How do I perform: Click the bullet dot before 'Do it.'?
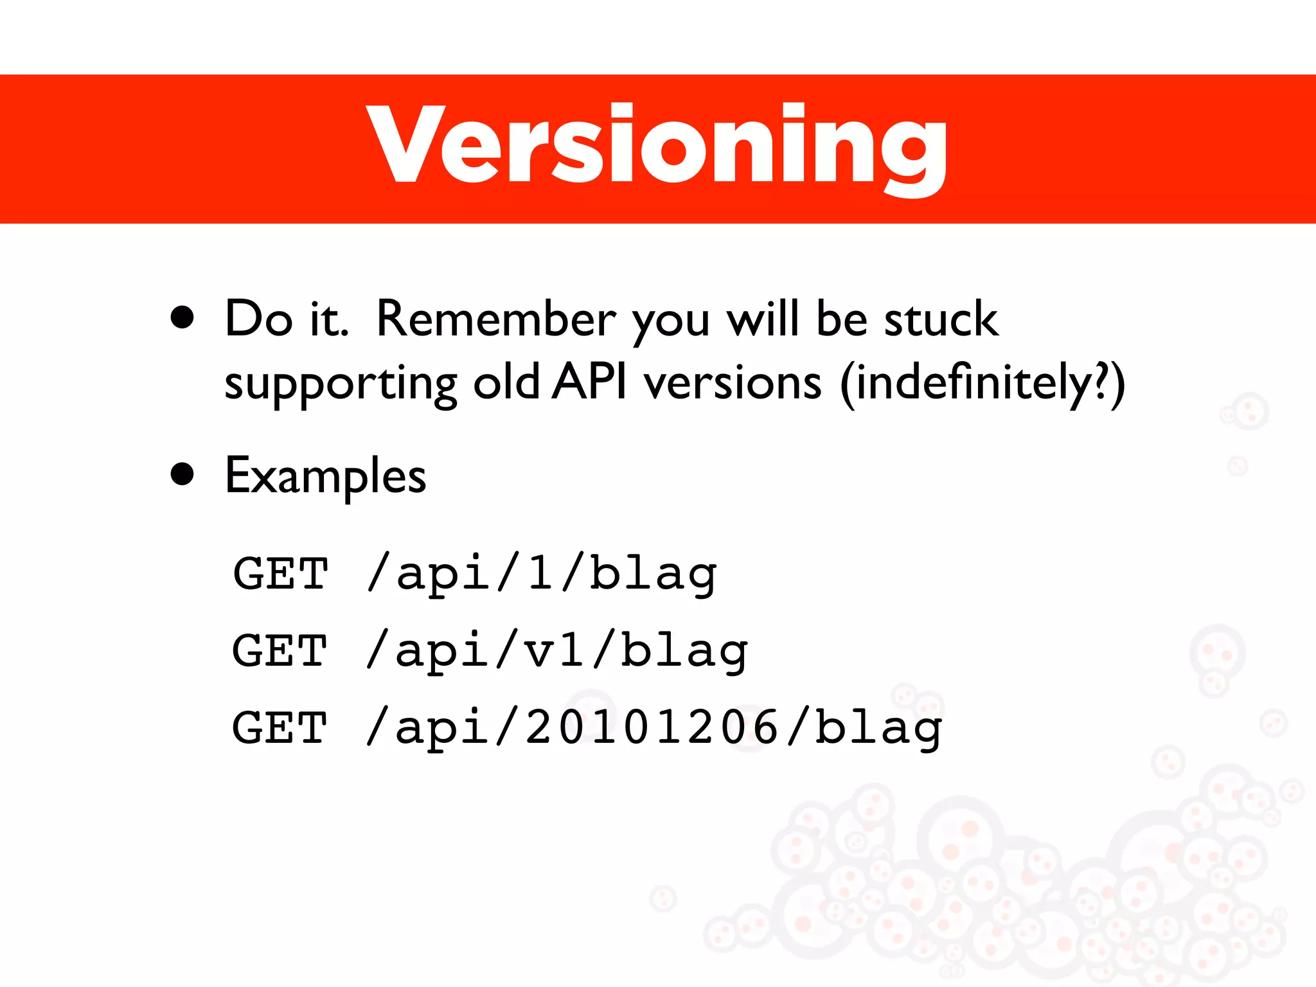[182, 317]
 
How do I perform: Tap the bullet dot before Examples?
[182, 474]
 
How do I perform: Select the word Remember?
[495, 319]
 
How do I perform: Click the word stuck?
[941, 319]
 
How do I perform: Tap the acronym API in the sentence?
[589, 382]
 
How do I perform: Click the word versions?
[733, 383]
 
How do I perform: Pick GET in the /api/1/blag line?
[281, 573]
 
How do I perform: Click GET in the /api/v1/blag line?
[280, 650]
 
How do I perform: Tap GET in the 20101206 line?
[280, 727]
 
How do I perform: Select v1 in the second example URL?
[555, 650]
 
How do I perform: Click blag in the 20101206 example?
[878, 729]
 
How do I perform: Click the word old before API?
[506, 382]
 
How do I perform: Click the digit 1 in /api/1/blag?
[540, 573]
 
